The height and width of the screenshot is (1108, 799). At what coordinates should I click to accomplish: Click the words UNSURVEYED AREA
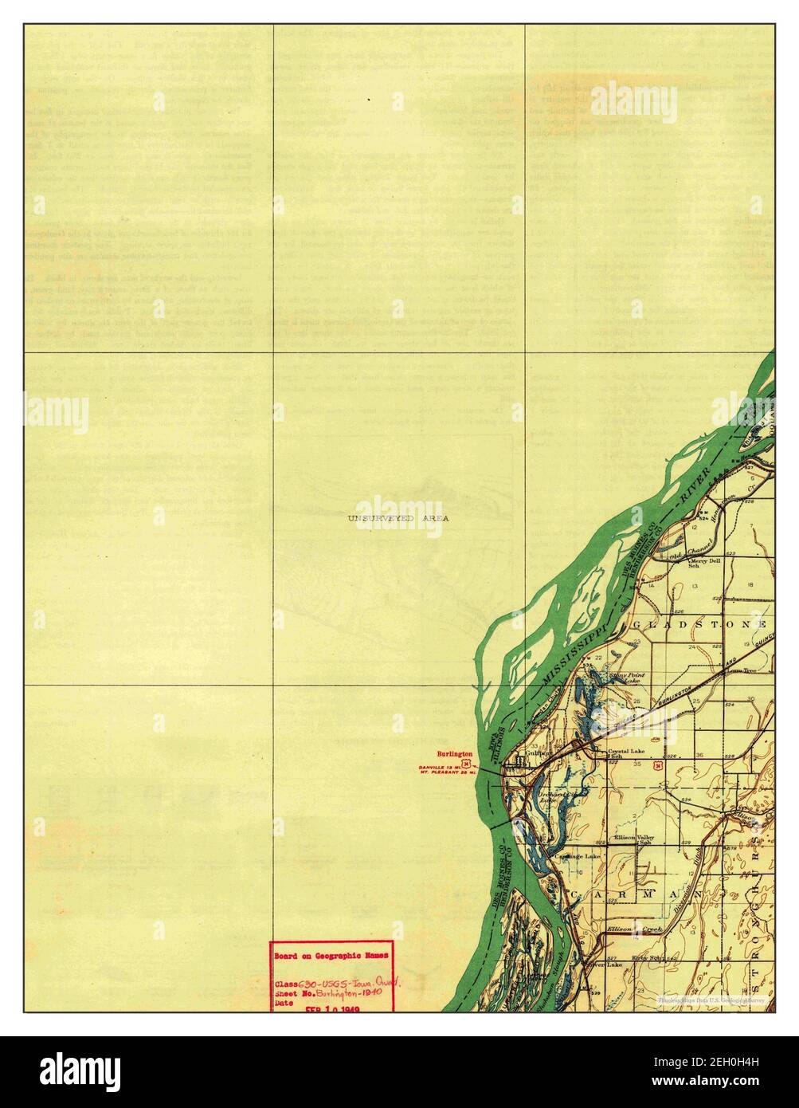pyautogui.click(x=398, y=518)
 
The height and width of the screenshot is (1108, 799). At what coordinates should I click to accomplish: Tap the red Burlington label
pyautogui.click(x=455, y=752)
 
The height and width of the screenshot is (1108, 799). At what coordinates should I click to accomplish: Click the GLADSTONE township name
pyautogui.click(x=700, y=623)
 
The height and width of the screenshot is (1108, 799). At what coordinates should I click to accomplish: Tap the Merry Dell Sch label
pyautogui.click(x=704, y=563)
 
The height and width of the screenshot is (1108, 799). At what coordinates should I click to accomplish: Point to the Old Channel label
pyautogui.click(x=676, y=552)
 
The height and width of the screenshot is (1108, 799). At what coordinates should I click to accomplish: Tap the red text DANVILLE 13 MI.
pyautogui.click(x=443, y=767)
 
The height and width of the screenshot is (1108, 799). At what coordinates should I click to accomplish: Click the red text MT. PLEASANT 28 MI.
pyautogui.click(x=446, y=773)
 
